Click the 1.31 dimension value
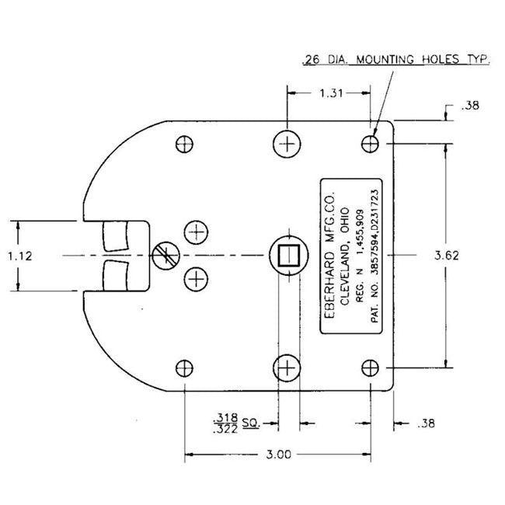tap(326, 92)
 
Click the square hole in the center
tap(287, 254)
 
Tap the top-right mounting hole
tap(371, 144)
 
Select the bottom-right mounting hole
tap(371, 367)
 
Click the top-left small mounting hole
tap(184, 144)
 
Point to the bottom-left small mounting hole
tap(184, 367)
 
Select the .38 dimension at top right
tap(469, 107)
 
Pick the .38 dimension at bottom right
tap(426, 423)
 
